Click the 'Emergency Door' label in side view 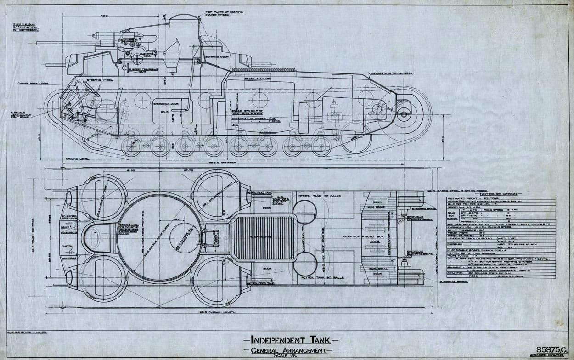pyautogui.click(x=165, y=103)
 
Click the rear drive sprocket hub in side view pyautogui.click(x=404, y=113)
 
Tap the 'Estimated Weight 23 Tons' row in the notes pyautogui.click(x=473, y=199)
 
